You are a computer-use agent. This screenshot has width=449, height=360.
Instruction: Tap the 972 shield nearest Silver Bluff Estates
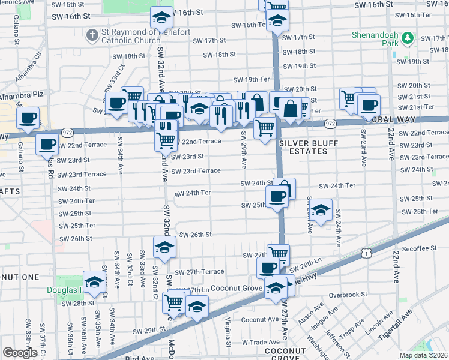[330, 123]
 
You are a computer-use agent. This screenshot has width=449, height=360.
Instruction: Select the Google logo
[20, 353]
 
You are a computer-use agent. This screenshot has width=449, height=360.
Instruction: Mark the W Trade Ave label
[262, 342]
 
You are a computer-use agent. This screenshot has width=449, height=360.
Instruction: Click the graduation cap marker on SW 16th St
[161, 17]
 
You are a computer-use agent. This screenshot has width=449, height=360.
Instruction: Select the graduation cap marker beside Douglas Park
[94, 282]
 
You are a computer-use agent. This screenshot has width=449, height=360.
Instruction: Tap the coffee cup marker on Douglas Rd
[47, 144]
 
